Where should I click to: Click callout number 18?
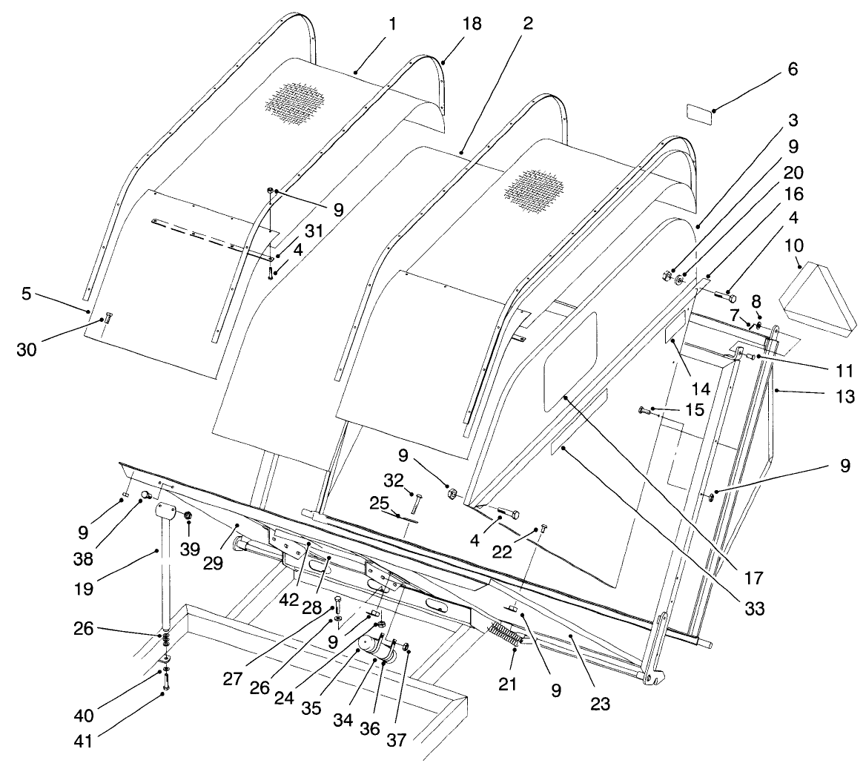(x=472, y=24)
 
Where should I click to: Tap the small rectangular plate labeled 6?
(x=699, y=113)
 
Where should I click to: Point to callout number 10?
(x=799, y=245)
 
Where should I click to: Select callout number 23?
(x=600, y=703)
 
